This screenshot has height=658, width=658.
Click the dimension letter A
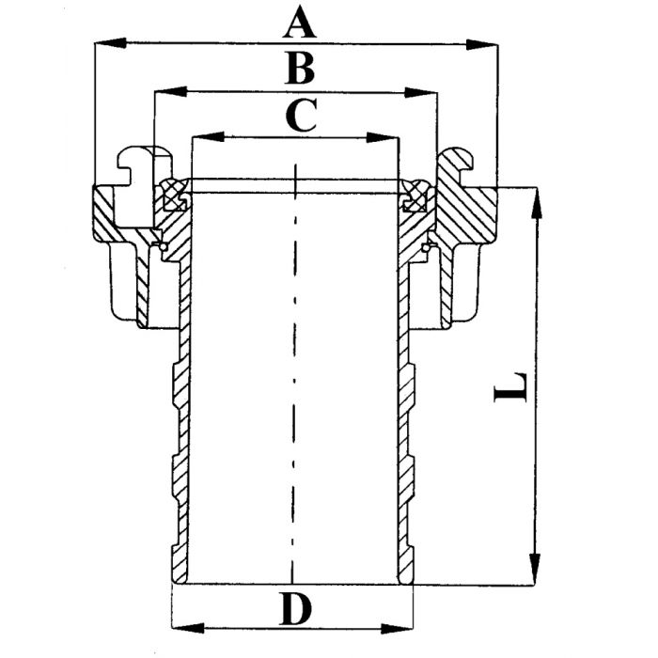[299, 21]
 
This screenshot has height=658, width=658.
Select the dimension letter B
[298, 70]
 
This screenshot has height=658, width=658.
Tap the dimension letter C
[298, 117]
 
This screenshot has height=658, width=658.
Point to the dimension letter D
[294, 611]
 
